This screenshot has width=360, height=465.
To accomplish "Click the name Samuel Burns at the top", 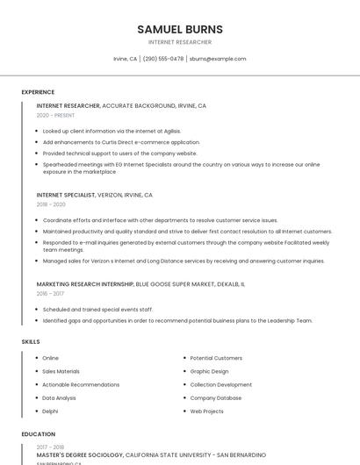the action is pos(180,29).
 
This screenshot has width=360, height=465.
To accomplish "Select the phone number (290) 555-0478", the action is pos(163,59).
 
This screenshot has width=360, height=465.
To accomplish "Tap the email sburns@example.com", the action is pos(218,59).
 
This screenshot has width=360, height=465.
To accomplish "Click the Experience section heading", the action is pos(38,92).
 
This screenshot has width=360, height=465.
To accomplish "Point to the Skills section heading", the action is pos(31,341).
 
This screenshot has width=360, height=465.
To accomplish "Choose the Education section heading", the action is pos(38,434).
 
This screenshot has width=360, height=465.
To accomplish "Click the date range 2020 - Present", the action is pos(55,115).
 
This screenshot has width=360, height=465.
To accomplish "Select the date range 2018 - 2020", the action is pos(51,204).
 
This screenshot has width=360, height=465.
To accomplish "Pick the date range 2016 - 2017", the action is pos(50,294).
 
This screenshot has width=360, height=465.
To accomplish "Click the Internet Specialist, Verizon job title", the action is pos(94,195).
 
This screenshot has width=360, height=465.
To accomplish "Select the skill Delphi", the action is pos(50,411).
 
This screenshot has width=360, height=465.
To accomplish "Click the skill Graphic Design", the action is pos(209,371).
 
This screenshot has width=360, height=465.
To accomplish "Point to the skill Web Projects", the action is pos(207,411).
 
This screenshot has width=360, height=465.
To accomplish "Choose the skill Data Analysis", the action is pos(59,397).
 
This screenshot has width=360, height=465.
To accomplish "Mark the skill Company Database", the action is pos(216,397).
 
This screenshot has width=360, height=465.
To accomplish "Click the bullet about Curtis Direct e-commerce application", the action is pos(121,142).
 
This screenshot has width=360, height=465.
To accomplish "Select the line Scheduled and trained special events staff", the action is pos(97,310).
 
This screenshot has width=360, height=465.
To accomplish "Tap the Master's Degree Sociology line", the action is pos(151,455).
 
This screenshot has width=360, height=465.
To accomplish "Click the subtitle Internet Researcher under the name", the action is pos(180,42).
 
